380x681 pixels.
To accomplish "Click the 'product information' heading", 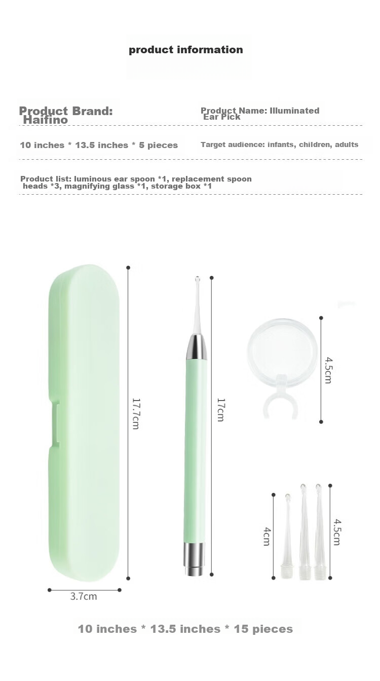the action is pyautogui.click(x=186, y=50).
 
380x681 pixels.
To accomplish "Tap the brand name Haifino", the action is pyautogui.click(x=45, y=120).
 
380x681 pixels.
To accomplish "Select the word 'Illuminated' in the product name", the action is pyautogui.click(x=294, y=111).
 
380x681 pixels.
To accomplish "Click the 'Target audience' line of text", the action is pyautogui.click(x=280, y=145).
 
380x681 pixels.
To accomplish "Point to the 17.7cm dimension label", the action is pyautogui.click(x=135, y=413).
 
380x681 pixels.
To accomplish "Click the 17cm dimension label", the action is pyautogui.click(x=220, y=410).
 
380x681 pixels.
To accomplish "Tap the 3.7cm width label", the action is pyautogui.click(x=84, y=596).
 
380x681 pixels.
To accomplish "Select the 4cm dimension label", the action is pyautogui.click(x=266, y=536).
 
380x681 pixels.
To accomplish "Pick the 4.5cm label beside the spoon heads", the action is pyautogui.click(x=336, y=532).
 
